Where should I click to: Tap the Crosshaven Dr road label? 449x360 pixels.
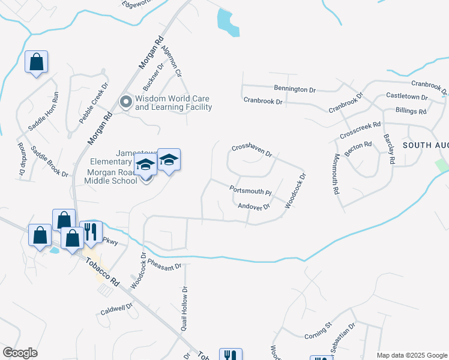coord(252,150)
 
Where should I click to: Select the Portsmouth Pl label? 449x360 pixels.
coord(251,190)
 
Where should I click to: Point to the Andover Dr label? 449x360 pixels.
coord(254,206)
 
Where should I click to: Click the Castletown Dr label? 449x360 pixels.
coord(406,96)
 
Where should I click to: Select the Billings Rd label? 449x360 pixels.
coord(411,112)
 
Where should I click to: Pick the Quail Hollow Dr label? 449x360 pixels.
coord(184,304)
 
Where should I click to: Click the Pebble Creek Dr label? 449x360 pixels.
coord(94,103)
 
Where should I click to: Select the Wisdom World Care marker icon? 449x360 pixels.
coord(126,102)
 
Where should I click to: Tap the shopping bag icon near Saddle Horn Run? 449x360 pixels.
coord(36,62)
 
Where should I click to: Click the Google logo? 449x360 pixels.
coord(20,353)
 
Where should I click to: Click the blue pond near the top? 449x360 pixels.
coord(228,23)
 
